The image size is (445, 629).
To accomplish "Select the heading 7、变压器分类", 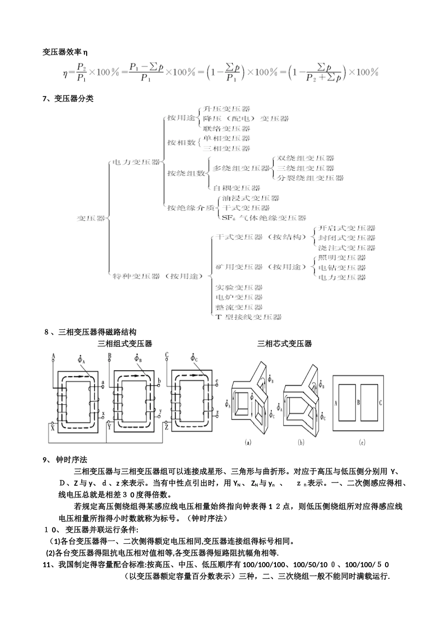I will coord(68,99).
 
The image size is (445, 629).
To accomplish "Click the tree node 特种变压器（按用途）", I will coord(157,277).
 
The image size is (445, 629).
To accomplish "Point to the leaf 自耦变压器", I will coord(237,188).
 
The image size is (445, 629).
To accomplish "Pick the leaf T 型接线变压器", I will coord(249,317).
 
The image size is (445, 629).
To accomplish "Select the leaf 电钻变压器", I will coord(342,268).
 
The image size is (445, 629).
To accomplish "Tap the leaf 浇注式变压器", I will coord(347,248).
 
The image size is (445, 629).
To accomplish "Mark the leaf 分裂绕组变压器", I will coord(310,178).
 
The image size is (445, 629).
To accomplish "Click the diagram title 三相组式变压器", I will coord(125,344).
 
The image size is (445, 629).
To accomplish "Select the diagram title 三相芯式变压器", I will coord(284,344).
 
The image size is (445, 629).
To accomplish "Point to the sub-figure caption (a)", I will coord(248,442).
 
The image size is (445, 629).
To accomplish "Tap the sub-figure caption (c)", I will coord(362,442).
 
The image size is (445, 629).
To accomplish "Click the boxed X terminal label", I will coord(52,427).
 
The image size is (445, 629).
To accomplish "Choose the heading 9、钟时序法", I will coord(65,460).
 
